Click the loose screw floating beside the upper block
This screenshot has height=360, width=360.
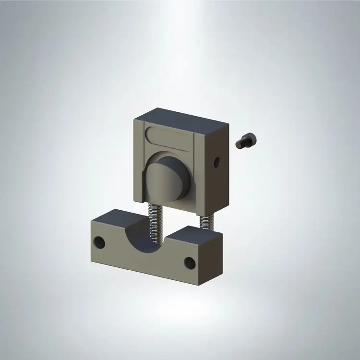point(247,141)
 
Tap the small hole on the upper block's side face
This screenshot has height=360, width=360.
point(217,162)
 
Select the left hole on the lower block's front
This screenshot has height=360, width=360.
point(100,242)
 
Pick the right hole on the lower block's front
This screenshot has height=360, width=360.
point(190,263)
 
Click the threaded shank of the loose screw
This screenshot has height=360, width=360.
point(241,144)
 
